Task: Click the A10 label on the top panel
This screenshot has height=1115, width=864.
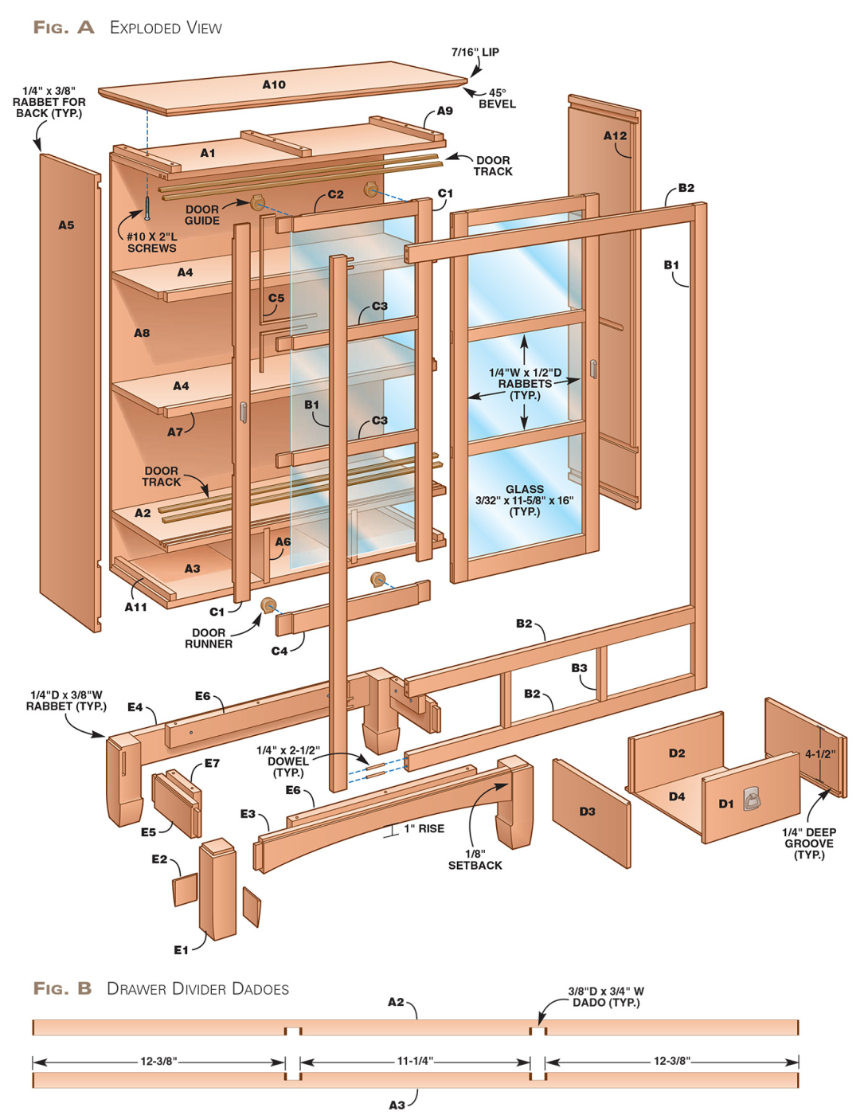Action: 274,84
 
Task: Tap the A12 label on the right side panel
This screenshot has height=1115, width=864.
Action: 615,136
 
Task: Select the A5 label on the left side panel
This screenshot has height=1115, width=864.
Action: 66,225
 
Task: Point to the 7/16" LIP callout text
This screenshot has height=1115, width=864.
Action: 475,53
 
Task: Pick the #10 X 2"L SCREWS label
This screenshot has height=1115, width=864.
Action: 152,242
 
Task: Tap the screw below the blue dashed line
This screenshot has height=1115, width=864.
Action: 147,209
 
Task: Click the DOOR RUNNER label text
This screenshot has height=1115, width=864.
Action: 209,638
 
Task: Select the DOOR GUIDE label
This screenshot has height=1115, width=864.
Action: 202,215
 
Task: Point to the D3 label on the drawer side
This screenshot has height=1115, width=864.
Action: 587,812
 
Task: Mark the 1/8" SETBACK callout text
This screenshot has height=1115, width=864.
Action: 475,859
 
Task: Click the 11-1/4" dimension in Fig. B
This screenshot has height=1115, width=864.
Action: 415,1061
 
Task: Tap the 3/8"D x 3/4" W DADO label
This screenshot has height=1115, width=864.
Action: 606,996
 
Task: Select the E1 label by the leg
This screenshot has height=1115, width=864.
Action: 182,949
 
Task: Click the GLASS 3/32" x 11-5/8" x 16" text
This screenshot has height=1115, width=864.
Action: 524,500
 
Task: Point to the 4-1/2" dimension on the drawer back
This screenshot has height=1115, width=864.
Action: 819,754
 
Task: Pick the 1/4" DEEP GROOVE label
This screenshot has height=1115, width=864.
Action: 809,843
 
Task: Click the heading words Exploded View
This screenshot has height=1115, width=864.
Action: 166,28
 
